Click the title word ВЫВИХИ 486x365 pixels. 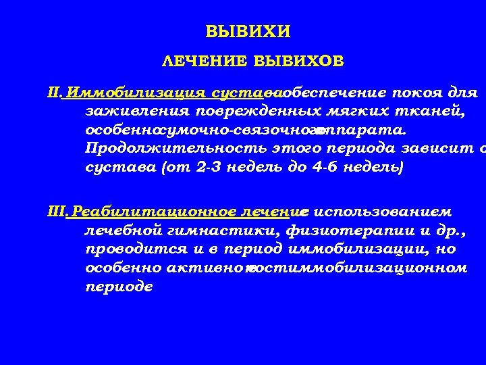pos(248,32)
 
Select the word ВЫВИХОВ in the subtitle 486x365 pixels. pos(299,62)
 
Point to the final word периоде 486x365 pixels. pos(119,286)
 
